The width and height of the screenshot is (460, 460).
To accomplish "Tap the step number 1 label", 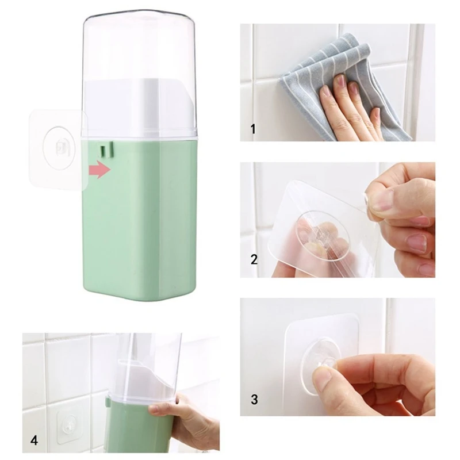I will coord(253,129).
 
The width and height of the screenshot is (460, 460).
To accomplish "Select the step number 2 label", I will coord(254,259).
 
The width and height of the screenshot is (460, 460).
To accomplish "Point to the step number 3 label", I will coord(254,398).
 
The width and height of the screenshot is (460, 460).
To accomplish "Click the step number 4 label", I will coord(34,441).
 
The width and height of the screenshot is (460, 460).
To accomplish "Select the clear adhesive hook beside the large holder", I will coord(57,149).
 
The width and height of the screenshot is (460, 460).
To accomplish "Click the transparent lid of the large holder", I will coord(140,52).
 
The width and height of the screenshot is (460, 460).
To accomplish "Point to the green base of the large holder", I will coord(141,224).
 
